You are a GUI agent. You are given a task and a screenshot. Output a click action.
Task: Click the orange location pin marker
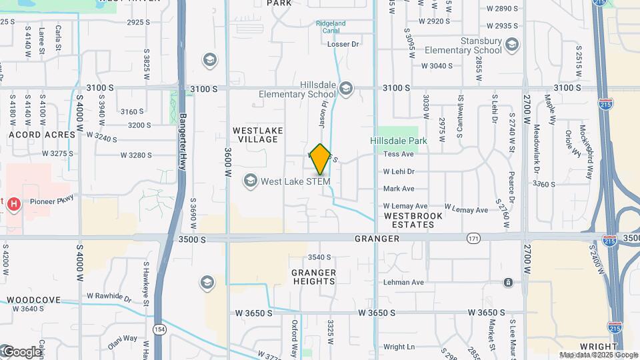(320, 159)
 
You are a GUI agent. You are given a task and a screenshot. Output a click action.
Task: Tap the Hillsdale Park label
(399, 141)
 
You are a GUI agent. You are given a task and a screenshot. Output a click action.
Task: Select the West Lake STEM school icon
(250, 181)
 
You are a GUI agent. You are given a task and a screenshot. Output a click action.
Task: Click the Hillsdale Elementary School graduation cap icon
(345, 88)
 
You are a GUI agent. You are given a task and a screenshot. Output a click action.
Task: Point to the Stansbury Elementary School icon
(512, 45)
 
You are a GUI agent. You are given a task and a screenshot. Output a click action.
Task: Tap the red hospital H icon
(13, 203)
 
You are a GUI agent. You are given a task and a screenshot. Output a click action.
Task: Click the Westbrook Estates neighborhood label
(409, 220)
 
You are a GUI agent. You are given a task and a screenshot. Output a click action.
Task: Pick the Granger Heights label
(313, 277)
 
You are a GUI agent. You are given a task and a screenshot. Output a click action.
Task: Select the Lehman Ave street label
(403, 283)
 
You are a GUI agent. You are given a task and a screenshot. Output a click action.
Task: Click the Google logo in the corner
(20, 351)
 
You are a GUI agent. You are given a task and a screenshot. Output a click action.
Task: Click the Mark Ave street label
(399, 189)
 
